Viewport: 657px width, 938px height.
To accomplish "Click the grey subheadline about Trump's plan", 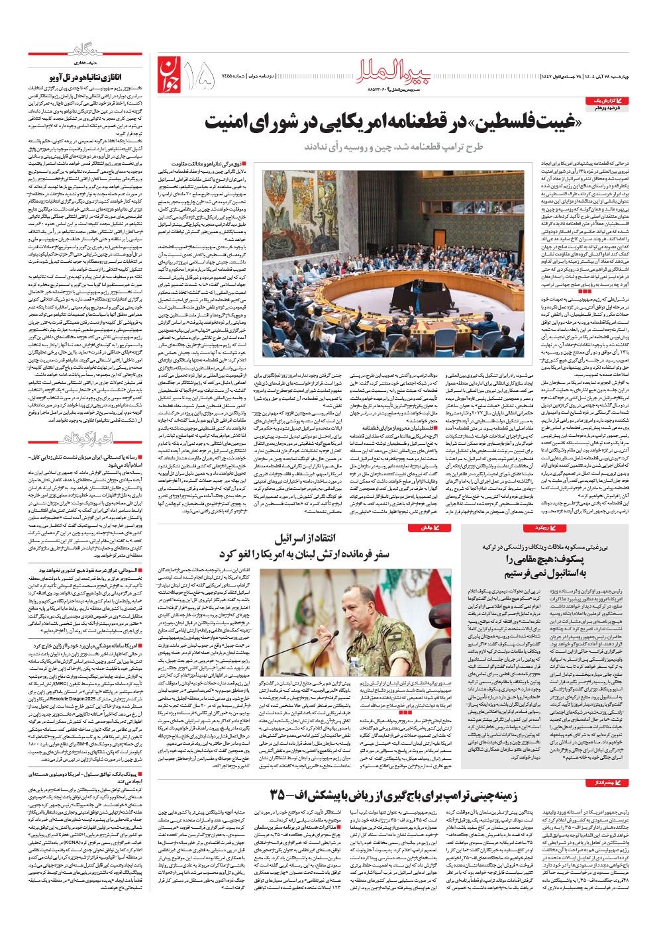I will [x=394, y=147].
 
